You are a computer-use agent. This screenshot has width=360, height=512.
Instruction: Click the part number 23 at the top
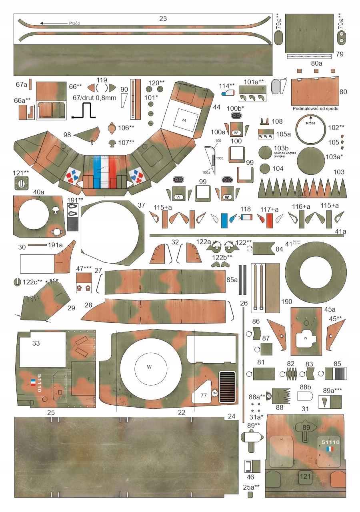point(163,18)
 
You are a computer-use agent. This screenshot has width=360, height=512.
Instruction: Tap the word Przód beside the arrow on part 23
point(74,23)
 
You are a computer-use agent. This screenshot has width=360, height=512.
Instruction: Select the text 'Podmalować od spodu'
point(316,108)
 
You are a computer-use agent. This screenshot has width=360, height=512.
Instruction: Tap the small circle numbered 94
point(215,393)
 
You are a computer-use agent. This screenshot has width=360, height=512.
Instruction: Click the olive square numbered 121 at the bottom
point(305,476)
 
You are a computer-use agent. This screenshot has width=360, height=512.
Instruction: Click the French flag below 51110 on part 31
point(330,449)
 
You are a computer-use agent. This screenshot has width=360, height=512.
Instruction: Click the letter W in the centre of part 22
point(149,367)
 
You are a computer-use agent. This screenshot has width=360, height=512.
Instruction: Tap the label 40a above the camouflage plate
point(38,192)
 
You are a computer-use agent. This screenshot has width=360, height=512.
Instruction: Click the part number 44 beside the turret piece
point(216,107)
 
